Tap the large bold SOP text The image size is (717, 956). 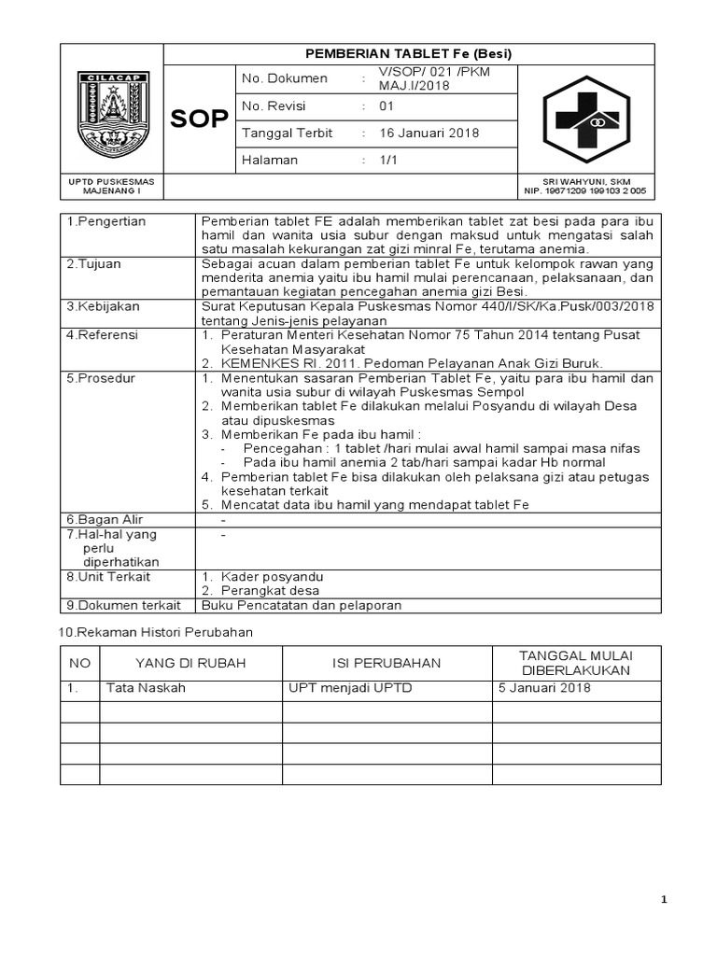coord(199,119)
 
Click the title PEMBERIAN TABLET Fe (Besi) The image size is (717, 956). coord(409,54)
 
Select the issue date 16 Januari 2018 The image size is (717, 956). coord(429,133)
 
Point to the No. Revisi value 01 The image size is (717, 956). coord(387,105)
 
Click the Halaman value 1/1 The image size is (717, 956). coord(387,160)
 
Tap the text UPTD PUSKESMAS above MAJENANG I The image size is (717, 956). coord(112,180)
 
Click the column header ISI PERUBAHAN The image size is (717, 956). coord(387,663)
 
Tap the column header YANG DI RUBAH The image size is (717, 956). coord(190,663)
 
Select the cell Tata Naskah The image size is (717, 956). coord(147,688)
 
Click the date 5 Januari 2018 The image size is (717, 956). coord(544,688)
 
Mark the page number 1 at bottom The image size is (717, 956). coord(664,900)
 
